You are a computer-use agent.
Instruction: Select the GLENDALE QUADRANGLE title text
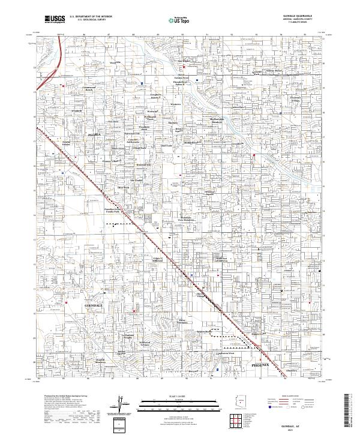click(296, 15)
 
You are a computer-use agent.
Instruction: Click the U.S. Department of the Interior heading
click(91, 16)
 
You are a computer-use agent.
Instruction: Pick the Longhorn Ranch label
click(155, 97)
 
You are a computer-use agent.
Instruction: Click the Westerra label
click(175, 104)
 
